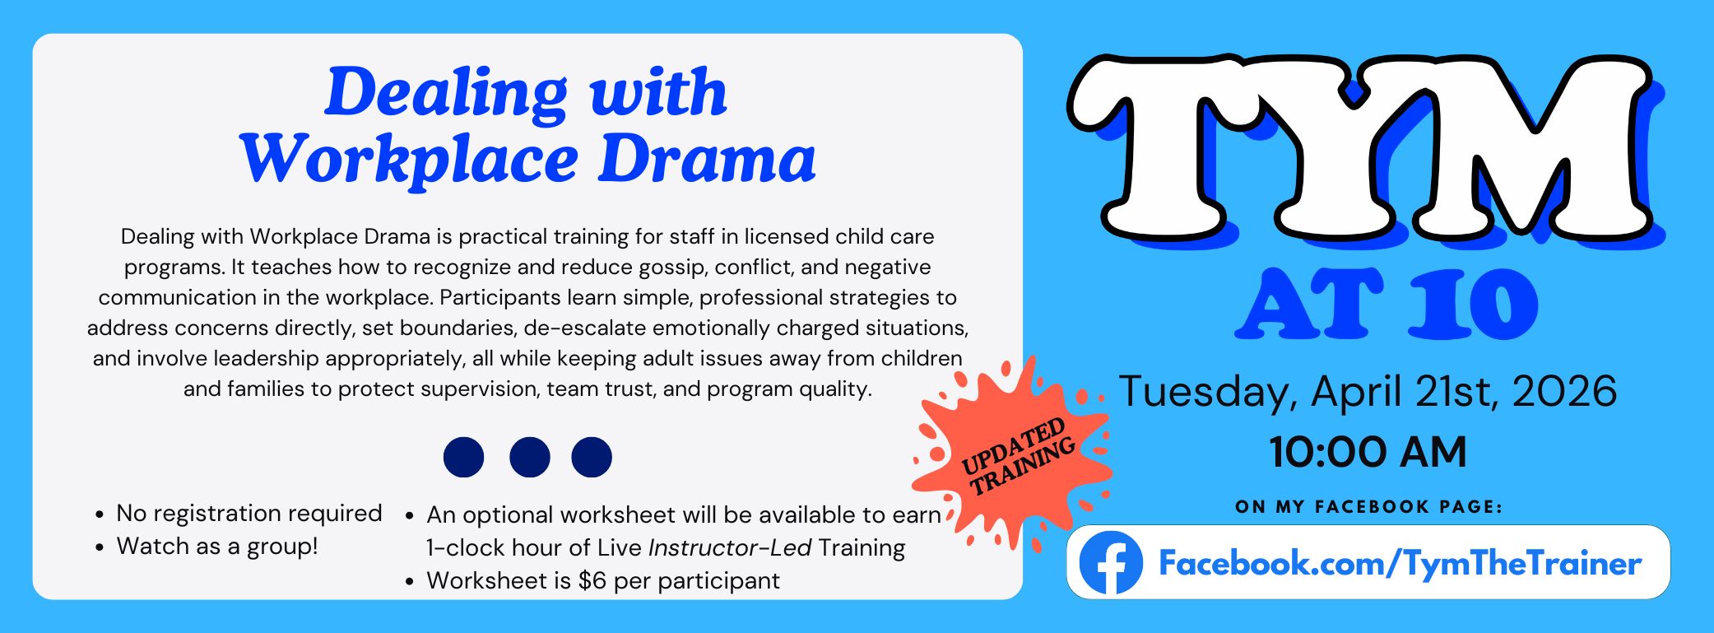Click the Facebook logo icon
tap(1110, 563)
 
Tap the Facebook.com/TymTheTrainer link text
tap(1400, 564)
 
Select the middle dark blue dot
tap(529, 457)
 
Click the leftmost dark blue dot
tap(463, 457)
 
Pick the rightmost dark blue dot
tap(592, 457)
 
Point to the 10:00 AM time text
tap(1368, 452)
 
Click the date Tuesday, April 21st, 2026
tap(1368, 391)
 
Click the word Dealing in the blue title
tap(445, 92)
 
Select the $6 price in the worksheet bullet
tap(592, 580)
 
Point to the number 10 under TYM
tap(1473, 305)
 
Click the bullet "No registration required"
tap(249, 513)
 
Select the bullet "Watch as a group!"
tap(216, 546)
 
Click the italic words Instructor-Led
tap(729, 547)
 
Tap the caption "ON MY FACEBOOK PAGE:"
tap(1368, 507)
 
